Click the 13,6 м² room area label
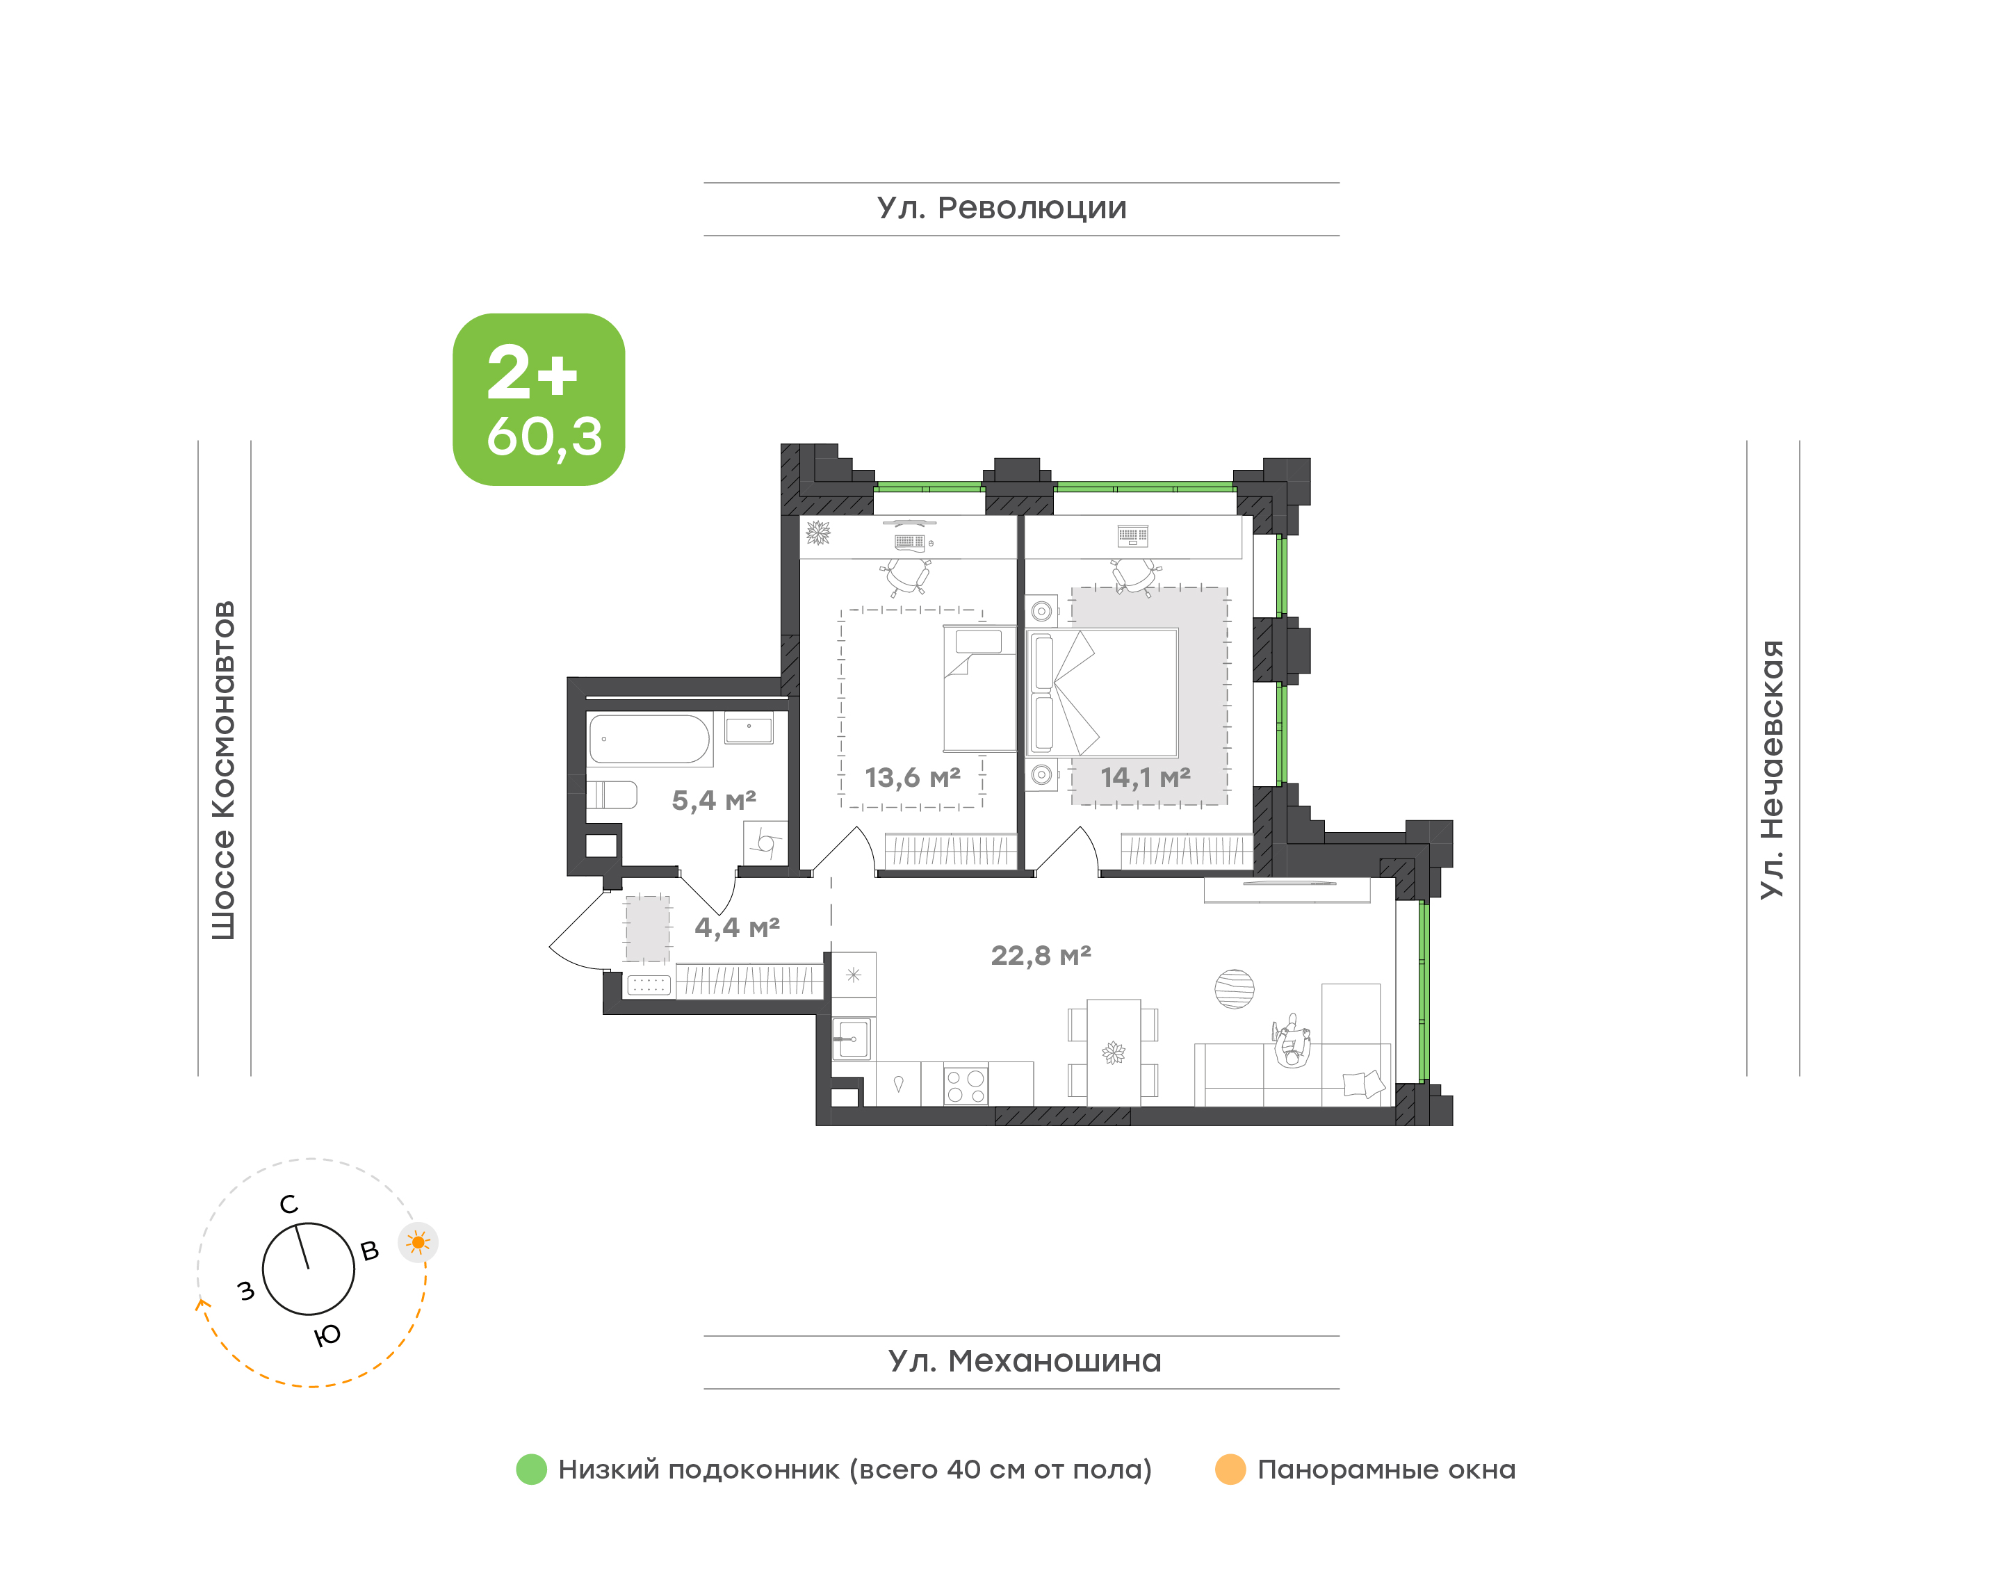pos(912,778)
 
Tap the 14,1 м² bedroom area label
pos(1145,778)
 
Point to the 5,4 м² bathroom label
pos(714,800)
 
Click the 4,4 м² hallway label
pos(737,927)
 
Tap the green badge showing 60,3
pos(539,399)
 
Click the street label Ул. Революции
pos(1002,209)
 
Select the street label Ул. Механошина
pos(1025,1361)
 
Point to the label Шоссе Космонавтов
pos(223,771)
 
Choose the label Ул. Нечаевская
pos(1771,769)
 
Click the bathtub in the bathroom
pos(649,740)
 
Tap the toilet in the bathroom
pos(612,795)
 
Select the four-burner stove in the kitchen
pos(966,1085)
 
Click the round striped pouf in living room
pos(1234,988)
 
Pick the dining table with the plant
pos(1114,1052)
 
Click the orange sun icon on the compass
pos(418,1243)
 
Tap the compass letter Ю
pos(327,1335)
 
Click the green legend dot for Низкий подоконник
pos(532,1469)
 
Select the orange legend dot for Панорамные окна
pos(1230,1469)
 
